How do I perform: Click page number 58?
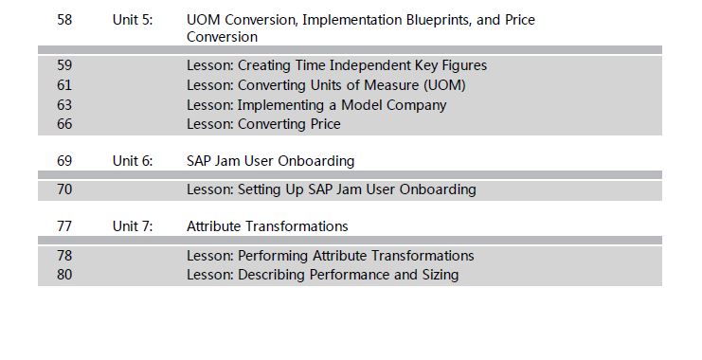[x=64, y=20]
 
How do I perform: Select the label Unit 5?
[x=133, y=20]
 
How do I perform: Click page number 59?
[x=64, y=65]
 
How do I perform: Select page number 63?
[x=64, y=105]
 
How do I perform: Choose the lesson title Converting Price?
[x=289, y=124]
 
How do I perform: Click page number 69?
[x=64, y=161]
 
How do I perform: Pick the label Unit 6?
[x=133, y=161]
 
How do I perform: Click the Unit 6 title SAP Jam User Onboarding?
[x=270, y=161]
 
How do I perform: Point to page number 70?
[x=64, y=189]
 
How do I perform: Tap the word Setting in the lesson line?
[x=260, y=189]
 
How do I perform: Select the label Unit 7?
[x=133, y=226]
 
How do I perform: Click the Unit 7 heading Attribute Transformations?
[x=267, y=226]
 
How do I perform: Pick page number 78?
[x=64, y=255]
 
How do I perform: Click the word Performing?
[x=273, y=256]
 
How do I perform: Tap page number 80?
[x=64, y=274]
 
